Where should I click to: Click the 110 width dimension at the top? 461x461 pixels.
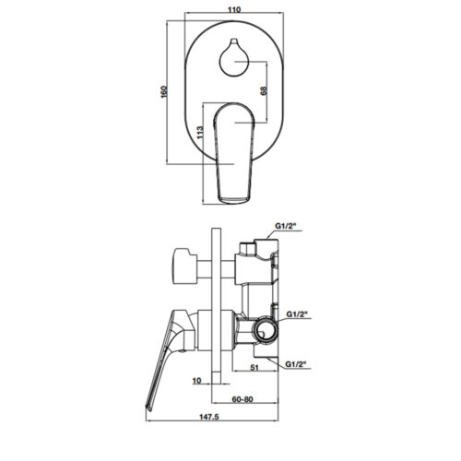(x=234, y=10)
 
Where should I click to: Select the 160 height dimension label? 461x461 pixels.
(x=164, y=91)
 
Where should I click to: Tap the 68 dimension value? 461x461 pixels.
(x=264, y=90)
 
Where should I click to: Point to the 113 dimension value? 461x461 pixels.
(x=200, y=132)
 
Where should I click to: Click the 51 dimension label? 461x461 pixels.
(x=254, y=367)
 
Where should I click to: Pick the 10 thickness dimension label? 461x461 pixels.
(x=196, y=381)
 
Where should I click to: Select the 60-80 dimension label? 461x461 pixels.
(x=242, y=399)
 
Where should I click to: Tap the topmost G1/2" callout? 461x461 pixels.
(x=285, y=226)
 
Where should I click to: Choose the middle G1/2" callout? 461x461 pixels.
(x=297, y=314)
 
